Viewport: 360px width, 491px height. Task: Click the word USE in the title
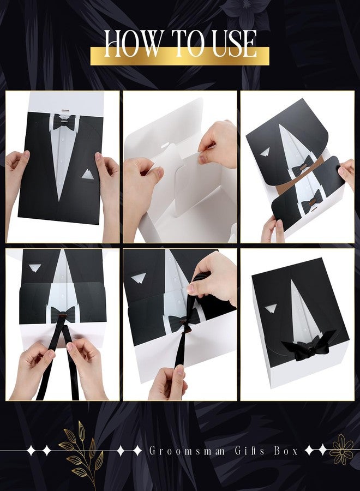pyautogui.click(x=235, y=44)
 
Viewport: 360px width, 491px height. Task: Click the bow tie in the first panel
pyautogui.click(x=64, y=122)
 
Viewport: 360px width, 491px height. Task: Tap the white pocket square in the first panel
pyautogui.click(x=88, y=174)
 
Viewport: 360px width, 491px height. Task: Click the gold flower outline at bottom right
pyautogui.click(x=341, y=450)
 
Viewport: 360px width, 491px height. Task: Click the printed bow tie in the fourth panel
pyautogui.click(x=63, y=314)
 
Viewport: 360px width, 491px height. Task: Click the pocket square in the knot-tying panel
pyautogui.click(x=139, y=278)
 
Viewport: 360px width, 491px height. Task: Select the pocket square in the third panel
pyautogui.click(x=265, y=152)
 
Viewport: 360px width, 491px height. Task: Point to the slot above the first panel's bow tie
pyautogui.click(x=65, y=111)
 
